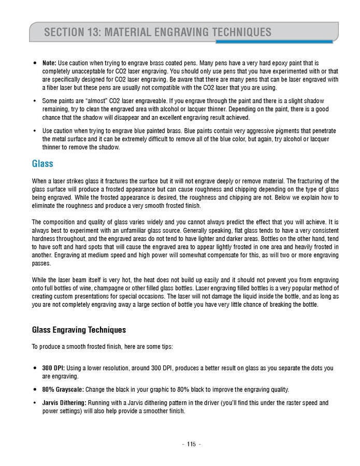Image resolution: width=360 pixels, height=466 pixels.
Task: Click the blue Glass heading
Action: click(42, 164)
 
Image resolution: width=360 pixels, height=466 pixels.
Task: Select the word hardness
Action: click(44, 238)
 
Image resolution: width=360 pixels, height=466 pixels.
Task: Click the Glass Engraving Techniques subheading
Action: click(79, 330)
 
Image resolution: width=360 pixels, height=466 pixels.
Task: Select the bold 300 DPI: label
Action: click(53, 368)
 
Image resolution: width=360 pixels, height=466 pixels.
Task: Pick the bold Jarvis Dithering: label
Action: click(64, 403)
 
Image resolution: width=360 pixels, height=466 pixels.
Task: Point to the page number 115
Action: click(191, 444)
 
